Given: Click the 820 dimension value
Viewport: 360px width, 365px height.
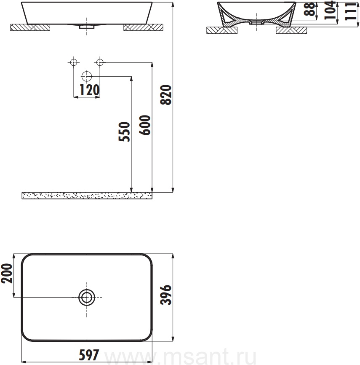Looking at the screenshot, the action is click(166, 95).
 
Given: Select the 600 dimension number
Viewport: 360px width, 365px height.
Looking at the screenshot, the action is click(145, 125).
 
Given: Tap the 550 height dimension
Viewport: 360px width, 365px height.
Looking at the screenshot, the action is click(124, 132).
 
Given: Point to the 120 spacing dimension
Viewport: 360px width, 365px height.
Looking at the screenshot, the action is click(90, 90).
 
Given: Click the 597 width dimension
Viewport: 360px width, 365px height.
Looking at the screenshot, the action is click(89, 355).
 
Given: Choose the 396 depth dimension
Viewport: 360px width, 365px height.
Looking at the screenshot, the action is click(166, 295).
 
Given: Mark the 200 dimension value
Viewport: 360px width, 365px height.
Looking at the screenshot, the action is click(7, 273).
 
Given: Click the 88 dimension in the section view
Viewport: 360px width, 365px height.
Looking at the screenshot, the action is click(310, 9).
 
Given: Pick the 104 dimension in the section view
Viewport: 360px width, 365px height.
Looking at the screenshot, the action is click(330, 10).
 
